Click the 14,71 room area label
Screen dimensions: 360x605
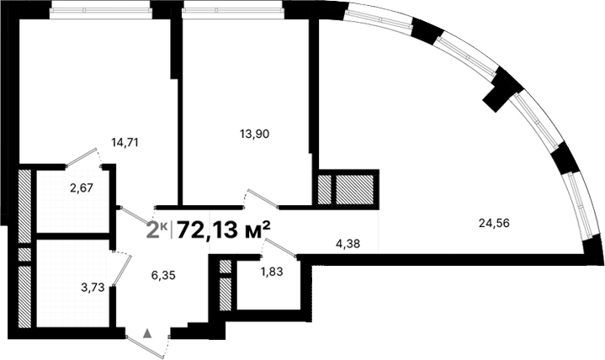click(x=124, y=142)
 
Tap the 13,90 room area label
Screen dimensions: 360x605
click(x=254, y=133)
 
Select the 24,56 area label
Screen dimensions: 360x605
click(x=495, y=223)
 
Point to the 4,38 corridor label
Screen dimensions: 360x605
click(x=348, y=246)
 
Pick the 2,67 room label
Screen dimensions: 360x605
click(x=82, y=188)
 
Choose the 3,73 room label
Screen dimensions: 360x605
click(x=93, y=287)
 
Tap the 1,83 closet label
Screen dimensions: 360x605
click(x=272, y=272)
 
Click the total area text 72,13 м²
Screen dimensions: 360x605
click(x=224, y=229)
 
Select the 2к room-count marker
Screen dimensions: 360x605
click(x=157, y=229)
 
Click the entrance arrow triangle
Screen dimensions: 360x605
click(x=149, y=333)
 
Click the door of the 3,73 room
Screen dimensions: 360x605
click(x=121, y=271)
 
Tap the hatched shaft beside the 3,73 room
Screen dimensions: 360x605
click(x=25, y=294)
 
